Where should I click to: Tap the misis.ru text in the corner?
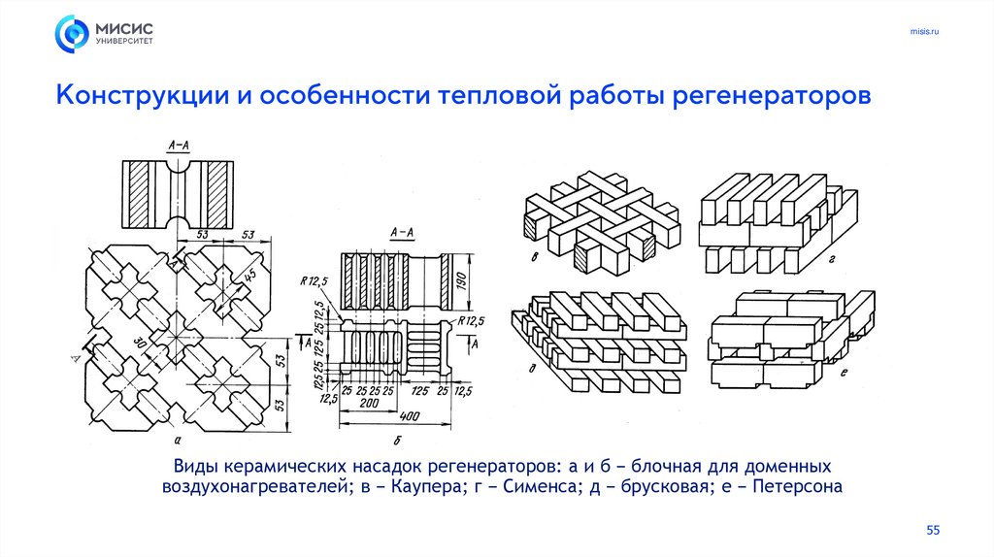pyautogui.click(x=924, y=33)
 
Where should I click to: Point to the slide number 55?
pyautogui.click(x=934, y=529)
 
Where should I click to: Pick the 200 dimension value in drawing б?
pyautogui.click(x=369, y=401)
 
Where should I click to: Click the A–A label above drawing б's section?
pyautogui.click(x=401, y=234)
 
